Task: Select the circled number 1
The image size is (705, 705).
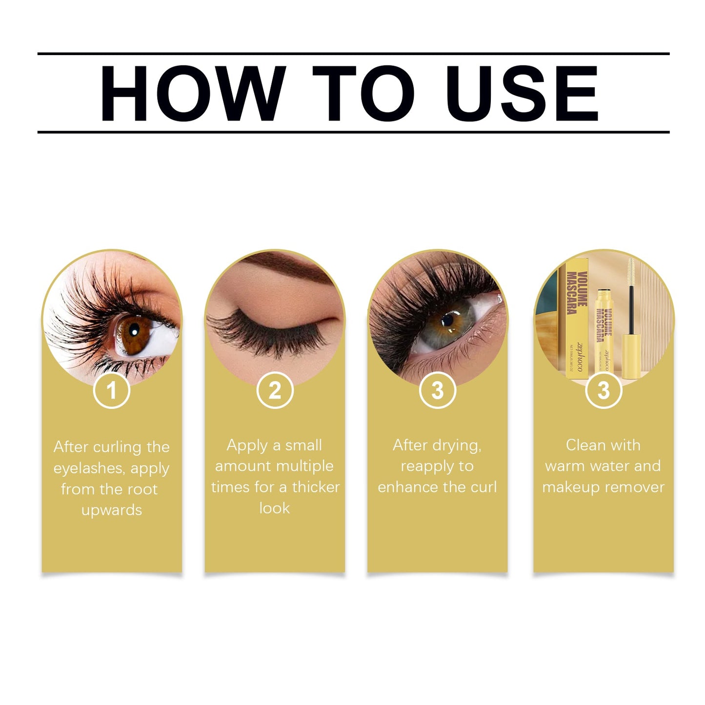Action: click(x=112, y=390)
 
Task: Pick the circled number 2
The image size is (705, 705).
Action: click(x=275, y=390)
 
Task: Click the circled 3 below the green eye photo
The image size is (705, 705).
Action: click(x=438, y=390)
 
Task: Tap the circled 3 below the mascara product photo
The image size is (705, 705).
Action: click(x=604, y=390)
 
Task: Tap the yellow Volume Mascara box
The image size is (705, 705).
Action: click(x=577, y=317)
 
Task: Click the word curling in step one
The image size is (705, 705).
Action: click(x=117, y=447)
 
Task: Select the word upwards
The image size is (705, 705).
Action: click(x=112, y=510)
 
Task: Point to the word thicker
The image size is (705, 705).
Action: click(x=316, y=487)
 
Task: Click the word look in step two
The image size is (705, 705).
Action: click(x=275, y=508)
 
